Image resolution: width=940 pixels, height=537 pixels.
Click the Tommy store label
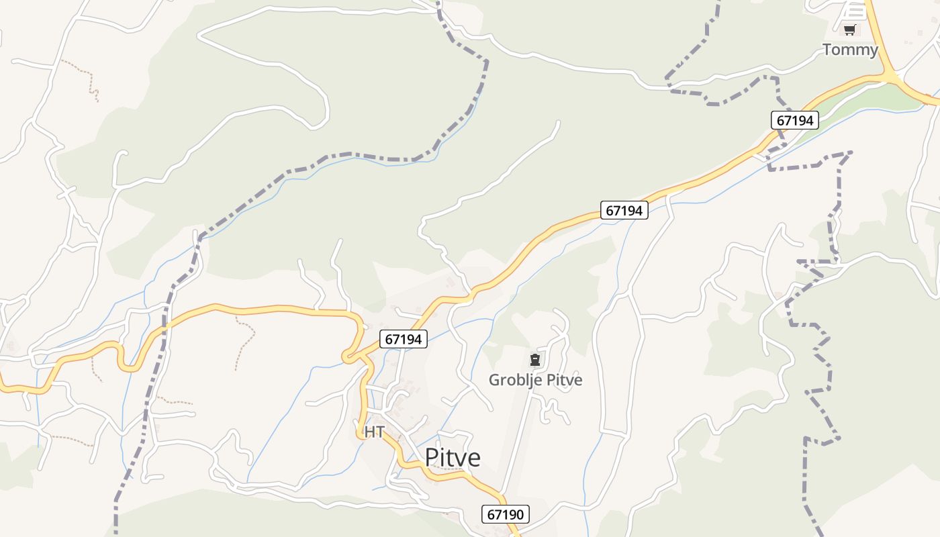[x=850, y=50]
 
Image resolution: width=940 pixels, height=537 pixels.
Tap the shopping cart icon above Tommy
[x=850, y=30]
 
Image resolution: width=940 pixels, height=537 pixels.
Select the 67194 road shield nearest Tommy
[x=795, y=120]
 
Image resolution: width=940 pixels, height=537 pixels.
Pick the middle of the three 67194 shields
[x=624, y=210]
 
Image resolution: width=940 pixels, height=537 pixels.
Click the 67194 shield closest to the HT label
[x=404, y=340]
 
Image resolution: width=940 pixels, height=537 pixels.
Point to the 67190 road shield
[x=506, y=515]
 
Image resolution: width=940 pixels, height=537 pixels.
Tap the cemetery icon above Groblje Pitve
[x=535, y=360]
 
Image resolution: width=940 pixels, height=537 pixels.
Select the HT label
[x=374, y=432]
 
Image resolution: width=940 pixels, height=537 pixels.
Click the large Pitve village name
[x=453, y=457]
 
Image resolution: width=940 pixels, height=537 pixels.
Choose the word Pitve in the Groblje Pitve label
[x=564, y=380]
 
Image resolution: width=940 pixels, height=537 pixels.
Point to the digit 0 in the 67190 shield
[x=519, y=515]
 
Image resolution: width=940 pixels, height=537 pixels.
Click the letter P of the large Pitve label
[x=432, y=457]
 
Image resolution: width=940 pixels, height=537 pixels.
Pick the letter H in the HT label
[x=369, y=432]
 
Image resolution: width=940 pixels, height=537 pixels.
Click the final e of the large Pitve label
[x=475, y=458]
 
